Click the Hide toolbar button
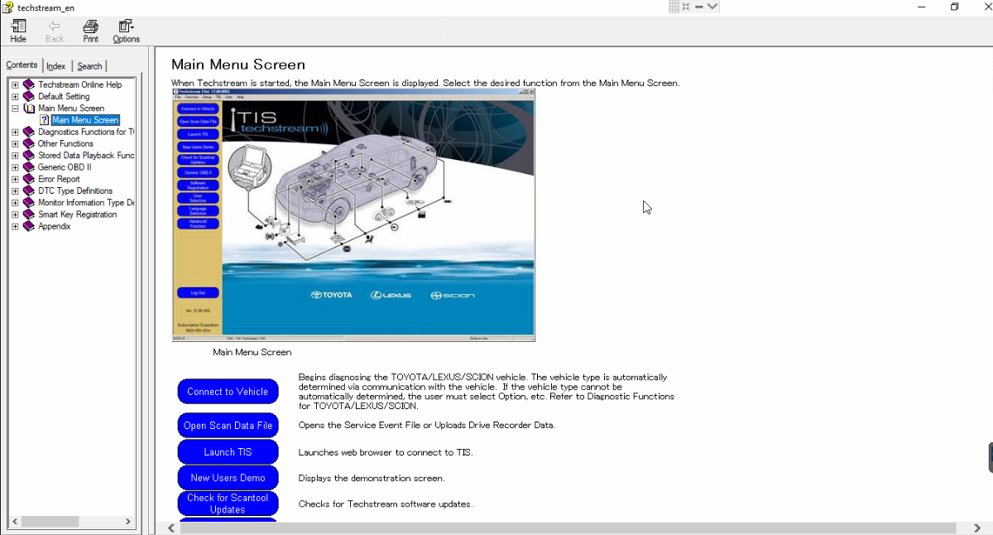coord(18,31)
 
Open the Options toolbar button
coord(126,31)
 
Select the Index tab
coord(56,66)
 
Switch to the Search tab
coord(89,66)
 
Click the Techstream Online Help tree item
coord(79,84)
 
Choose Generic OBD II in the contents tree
coord(65,167)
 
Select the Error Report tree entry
coord(59,179)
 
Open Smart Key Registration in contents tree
coord(77,214)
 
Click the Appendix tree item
coord(54,226)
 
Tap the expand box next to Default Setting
coord(15,97)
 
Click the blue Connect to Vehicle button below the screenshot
coord(228,392)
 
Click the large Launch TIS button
coord(228,452)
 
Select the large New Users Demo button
coord(228,478)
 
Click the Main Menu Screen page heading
coord(238,65)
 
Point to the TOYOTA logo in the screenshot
coord(331,296)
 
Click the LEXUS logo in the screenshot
coord(391,296)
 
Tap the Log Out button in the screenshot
coord(198,292)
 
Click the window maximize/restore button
coord(954,7)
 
